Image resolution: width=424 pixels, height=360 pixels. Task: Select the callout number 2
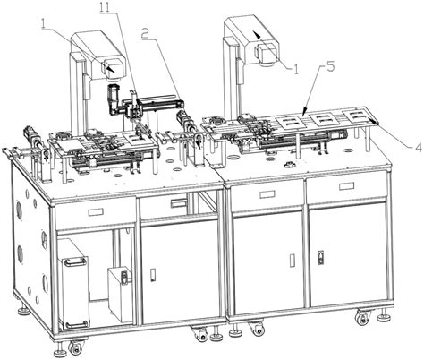(x=145, y=33)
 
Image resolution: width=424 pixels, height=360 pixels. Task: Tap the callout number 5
(x=330, y=67)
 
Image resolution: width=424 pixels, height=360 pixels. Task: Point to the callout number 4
(x=418, y=147)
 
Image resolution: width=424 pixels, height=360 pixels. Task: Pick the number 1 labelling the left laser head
(x=44, y=23)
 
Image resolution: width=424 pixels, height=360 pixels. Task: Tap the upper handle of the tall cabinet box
(x=75, y=261)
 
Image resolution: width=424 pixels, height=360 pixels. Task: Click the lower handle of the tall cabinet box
(x=77, y=323)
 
